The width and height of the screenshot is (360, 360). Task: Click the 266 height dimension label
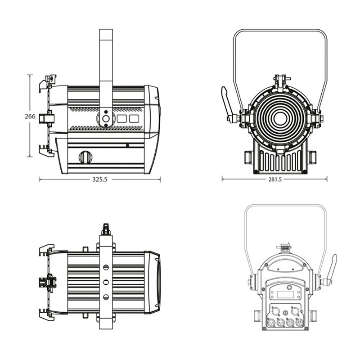click(x=30, y=116)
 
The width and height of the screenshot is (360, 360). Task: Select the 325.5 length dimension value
click(x=99, y=179)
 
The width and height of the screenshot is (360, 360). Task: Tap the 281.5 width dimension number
click(x=274, y=179)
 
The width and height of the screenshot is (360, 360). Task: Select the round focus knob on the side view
click(x=85, y=157)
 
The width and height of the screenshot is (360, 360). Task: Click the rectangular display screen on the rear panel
click(x=285, y=294)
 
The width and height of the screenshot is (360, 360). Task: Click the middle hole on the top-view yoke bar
click(x=105, y=282)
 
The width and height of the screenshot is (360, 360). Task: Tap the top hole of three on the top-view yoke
click(x=105, y=268)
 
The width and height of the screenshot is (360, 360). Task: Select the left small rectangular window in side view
click(x=121, y=119)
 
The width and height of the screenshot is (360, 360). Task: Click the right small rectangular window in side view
click(x=133, y=119)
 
